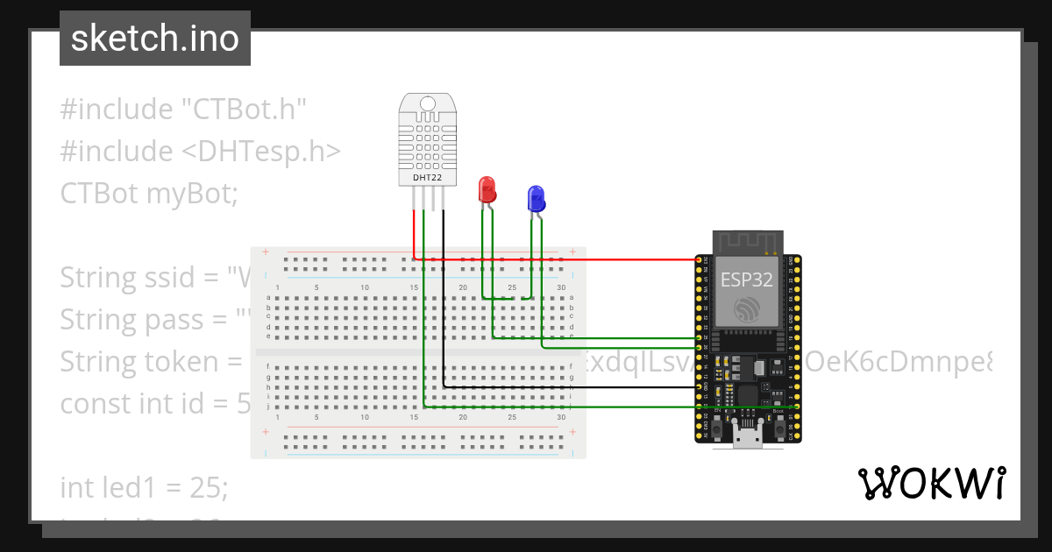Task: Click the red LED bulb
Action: pyautogui.click(x=487, y=188)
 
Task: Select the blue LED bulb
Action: pyautogui.click(x=535, y=199)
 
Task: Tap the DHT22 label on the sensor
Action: pyautogui.click(x=427, y=178)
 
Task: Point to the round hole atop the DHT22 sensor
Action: pyautogui.click(x=427, y=104)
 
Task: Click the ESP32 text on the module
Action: pyautogui.click(x=747, y=280)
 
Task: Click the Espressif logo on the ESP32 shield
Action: pyautogui.click(x=747, y=308)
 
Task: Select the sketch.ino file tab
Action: pyautogui.click(x=155, y=39)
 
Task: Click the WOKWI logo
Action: pyautogui.click(x=931, y=483)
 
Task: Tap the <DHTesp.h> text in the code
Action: pyautogui.click(x=261, y=152)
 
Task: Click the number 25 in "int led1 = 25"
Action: pyautogui.click(x=208, y=488)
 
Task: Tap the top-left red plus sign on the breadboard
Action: pyautogui.click(x=266, y=251)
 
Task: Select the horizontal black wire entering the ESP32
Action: pyautogui.click(x=570, y=386)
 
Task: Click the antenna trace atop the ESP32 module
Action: pyautogui.click(x=747, y=241)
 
